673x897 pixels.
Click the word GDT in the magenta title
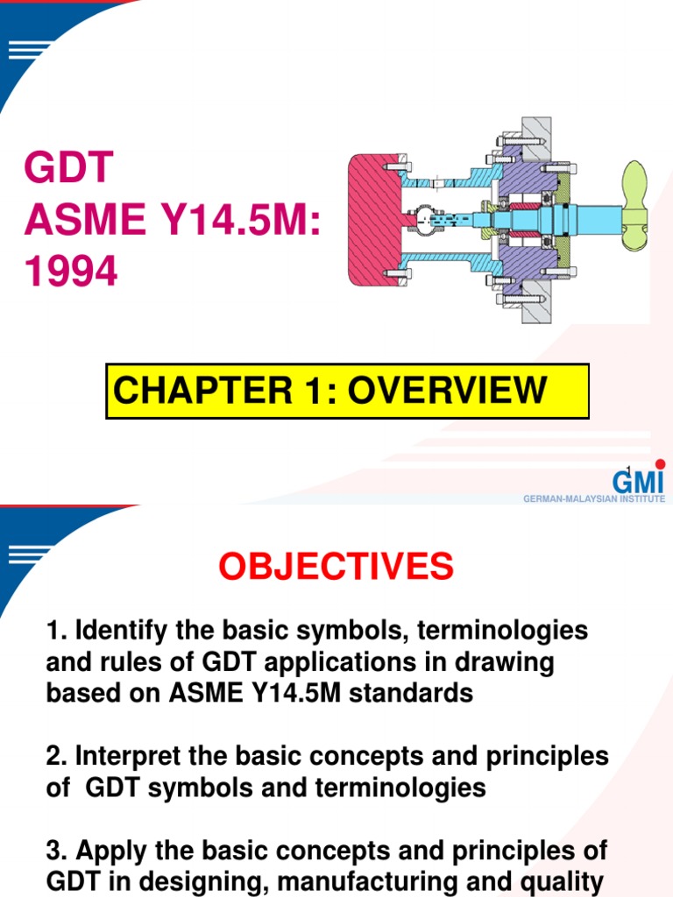69,168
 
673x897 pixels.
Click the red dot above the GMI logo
660,463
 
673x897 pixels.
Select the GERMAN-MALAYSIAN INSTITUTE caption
593,498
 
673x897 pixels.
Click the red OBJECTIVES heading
336,568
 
